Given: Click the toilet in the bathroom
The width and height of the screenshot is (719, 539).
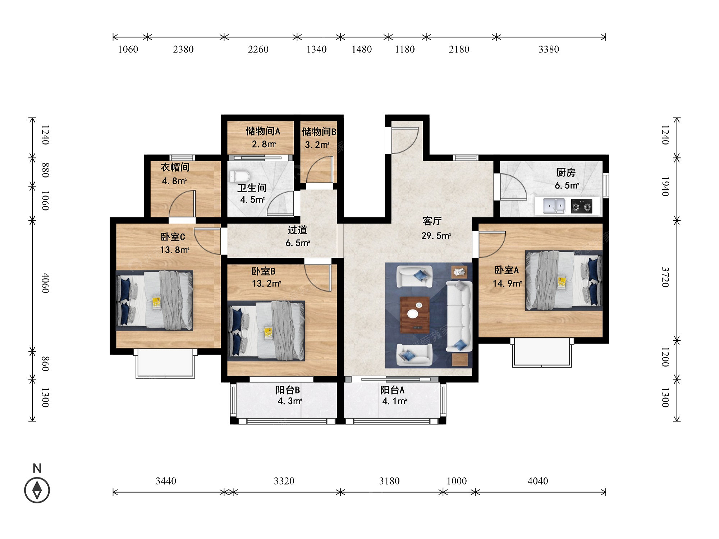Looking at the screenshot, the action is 239,176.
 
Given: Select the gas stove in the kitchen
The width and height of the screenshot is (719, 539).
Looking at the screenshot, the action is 581,206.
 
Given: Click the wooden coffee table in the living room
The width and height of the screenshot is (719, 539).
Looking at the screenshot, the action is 415,315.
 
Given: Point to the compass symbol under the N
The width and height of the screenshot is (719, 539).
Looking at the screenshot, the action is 37,490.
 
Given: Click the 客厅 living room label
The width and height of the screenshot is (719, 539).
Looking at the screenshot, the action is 432,221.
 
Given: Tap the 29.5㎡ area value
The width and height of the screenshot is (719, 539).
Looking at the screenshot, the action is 436,236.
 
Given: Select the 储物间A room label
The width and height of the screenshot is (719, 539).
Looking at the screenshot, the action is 263,131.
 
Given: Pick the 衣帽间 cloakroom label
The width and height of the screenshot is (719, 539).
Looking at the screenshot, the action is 175,167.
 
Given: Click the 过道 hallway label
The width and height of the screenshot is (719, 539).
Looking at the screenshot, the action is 297,230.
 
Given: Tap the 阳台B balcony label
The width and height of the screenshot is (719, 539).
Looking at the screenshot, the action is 288,390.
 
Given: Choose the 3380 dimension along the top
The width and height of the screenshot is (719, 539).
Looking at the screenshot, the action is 549,49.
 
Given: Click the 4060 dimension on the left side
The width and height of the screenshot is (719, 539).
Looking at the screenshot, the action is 45,283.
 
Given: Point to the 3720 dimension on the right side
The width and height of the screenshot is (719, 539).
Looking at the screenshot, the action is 665,277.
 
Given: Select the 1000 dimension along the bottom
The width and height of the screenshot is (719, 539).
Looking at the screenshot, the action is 457,481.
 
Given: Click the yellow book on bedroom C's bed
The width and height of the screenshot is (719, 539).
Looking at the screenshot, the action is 156,302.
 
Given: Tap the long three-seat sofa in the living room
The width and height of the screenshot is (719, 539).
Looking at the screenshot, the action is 459,316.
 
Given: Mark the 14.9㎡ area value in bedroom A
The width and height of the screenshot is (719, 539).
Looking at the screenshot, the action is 507,284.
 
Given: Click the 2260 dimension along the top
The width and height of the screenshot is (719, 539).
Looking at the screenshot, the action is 258,49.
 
